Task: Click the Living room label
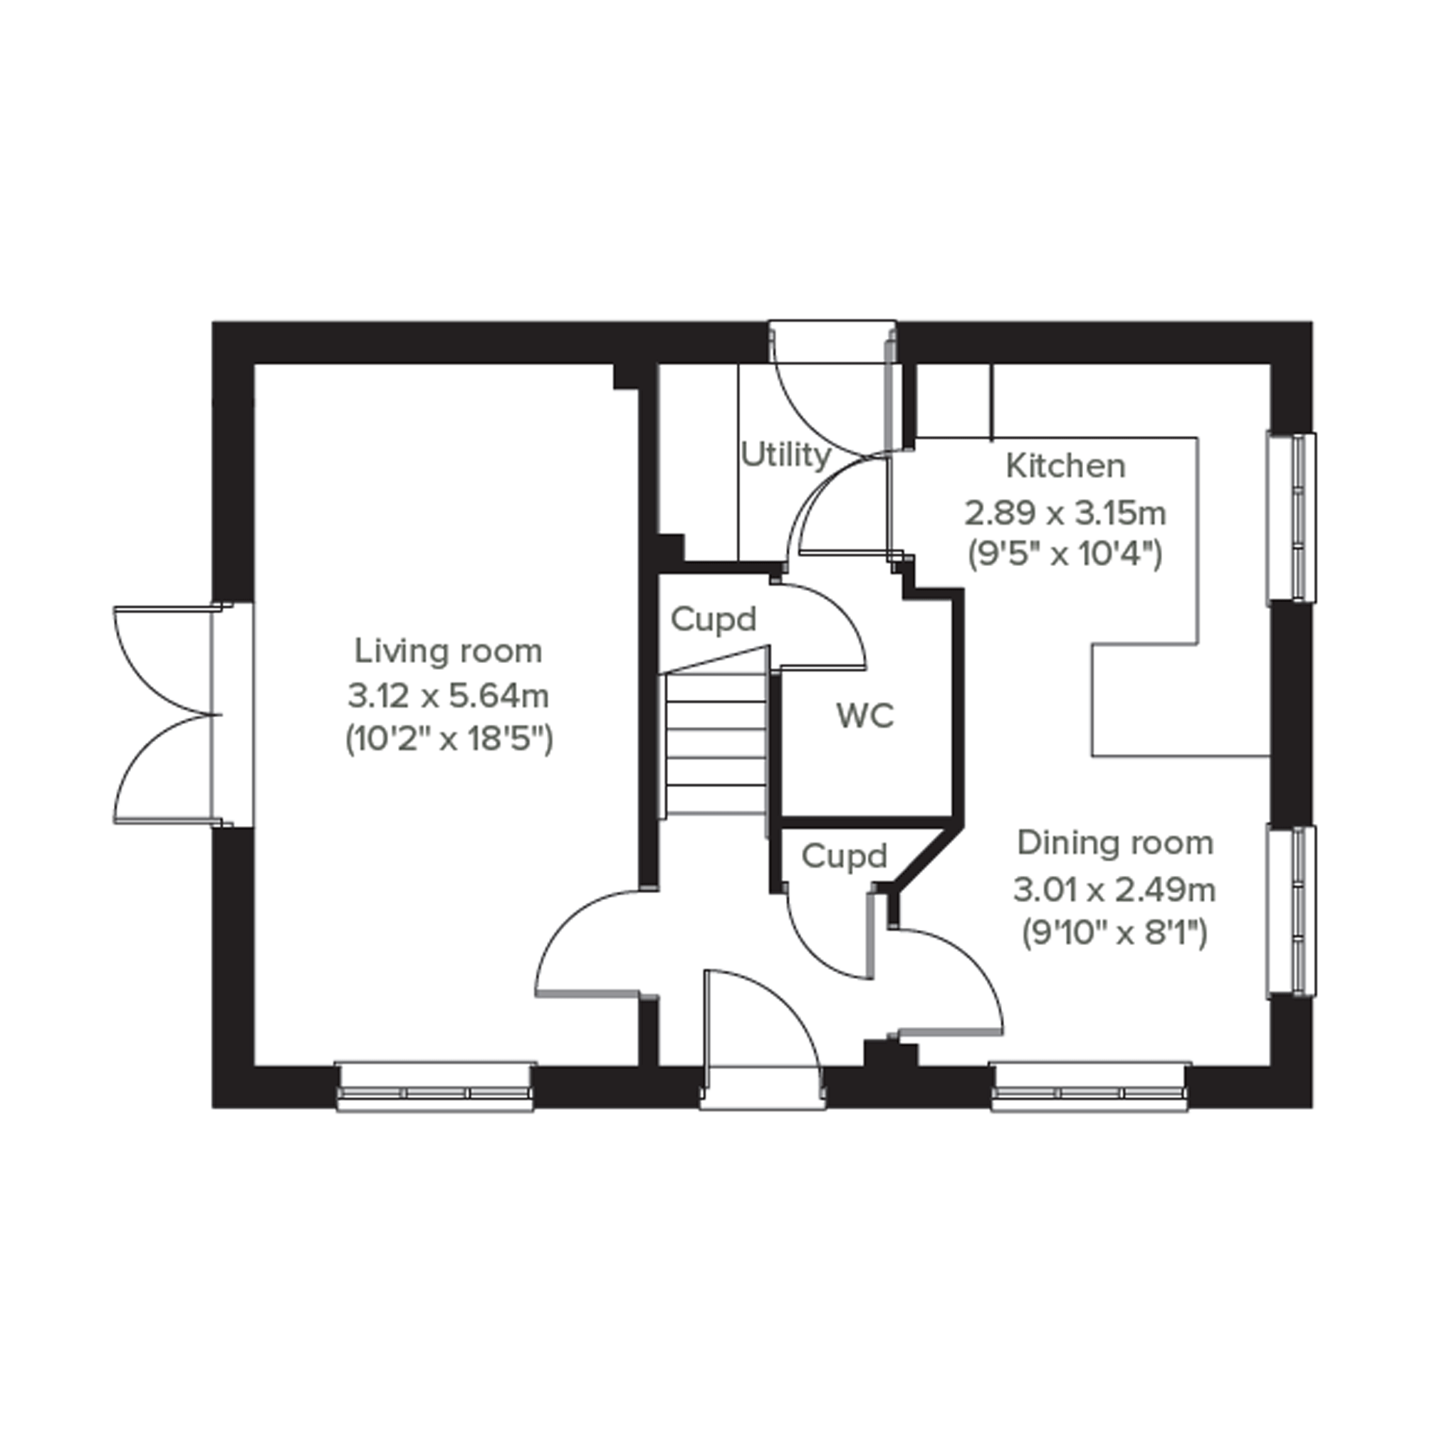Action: tap(448, 652)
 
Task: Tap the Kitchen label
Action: tap(1065, 466)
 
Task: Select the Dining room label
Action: tap(1115, 843)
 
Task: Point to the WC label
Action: tap(865, 716)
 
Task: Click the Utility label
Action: tap(785, 454)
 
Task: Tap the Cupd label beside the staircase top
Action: tap(713, 620)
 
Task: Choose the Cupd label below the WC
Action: tap(844, 856)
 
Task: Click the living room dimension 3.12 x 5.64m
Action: tap(448, 696)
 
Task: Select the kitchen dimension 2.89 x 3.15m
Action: tap(1065, 513)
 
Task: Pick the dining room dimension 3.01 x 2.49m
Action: tap(1115, 889)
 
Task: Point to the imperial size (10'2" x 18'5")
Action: tap(448, 741)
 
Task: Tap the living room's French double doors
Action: tap(168, 716)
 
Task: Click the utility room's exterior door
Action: tap(832, 388)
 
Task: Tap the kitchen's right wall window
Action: tap(1291, 517)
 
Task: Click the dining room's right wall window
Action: tap(1291, 911)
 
